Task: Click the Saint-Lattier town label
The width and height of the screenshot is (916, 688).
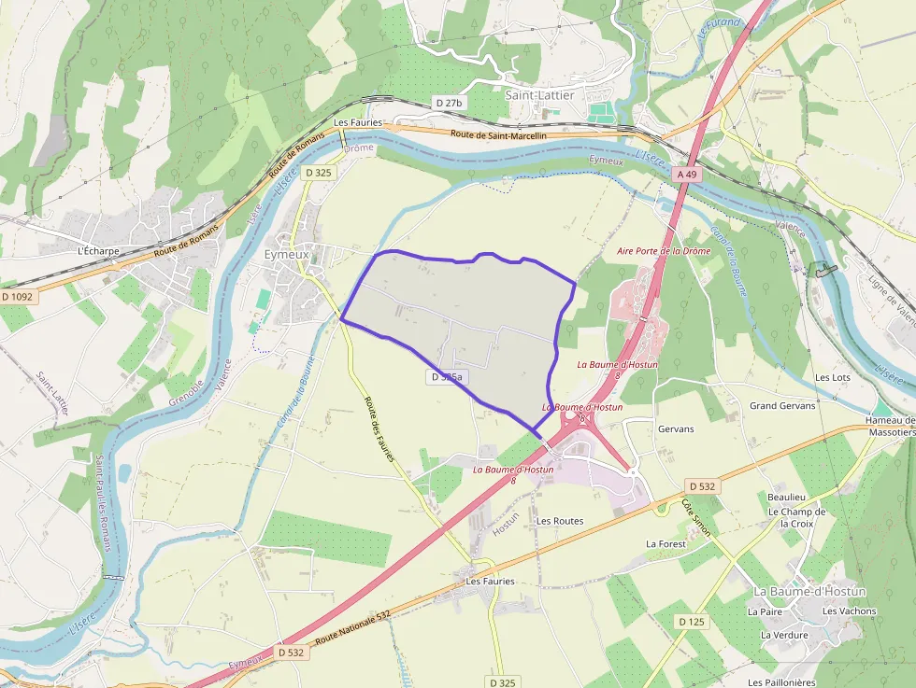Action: [540, 95]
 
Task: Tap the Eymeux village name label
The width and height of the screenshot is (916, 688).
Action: [286, 253]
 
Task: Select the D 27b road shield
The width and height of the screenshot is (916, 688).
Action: [449, 102]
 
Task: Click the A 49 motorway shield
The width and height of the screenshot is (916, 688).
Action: [687, 175]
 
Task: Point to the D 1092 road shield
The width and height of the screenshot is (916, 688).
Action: [17, 297]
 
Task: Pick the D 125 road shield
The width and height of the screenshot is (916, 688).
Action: [692, 622]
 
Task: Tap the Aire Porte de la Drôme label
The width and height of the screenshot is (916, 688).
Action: [664, 251]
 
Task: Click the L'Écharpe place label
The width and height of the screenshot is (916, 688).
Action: [100, 251]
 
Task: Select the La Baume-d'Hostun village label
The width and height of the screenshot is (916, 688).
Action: [809, 592]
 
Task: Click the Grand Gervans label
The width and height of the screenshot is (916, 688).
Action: [782, 406]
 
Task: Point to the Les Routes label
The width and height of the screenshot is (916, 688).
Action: [560, 521]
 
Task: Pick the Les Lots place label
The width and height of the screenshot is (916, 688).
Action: [833, 377]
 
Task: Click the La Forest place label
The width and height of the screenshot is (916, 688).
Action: [666, 543]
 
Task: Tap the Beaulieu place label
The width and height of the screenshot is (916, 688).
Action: [786, 498]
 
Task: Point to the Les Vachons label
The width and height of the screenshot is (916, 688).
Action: [850, 611]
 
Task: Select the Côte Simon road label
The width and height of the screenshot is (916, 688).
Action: [695, 517]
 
